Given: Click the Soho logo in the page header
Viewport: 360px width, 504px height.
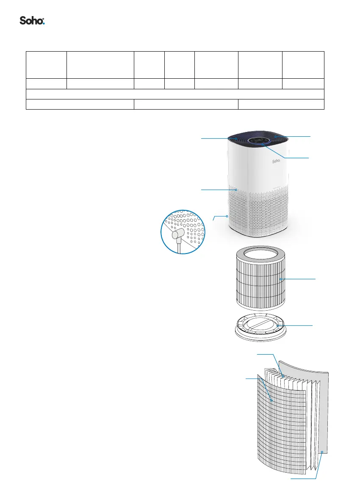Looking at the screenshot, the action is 32,21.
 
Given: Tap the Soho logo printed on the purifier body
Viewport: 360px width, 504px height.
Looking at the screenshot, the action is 277,161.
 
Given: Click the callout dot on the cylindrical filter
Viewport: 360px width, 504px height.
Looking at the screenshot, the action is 280,279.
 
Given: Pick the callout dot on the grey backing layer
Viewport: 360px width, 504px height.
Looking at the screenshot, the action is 322,452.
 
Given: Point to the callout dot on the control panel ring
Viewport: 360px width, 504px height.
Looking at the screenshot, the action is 263,144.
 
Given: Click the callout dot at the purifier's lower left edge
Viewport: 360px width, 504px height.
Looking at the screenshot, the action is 227,216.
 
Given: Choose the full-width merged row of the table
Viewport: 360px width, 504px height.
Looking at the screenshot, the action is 175,94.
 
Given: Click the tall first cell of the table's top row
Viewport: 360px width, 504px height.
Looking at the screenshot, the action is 47,65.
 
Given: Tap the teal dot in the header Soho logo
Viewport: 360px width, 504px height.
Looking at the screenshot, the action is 44,24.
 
